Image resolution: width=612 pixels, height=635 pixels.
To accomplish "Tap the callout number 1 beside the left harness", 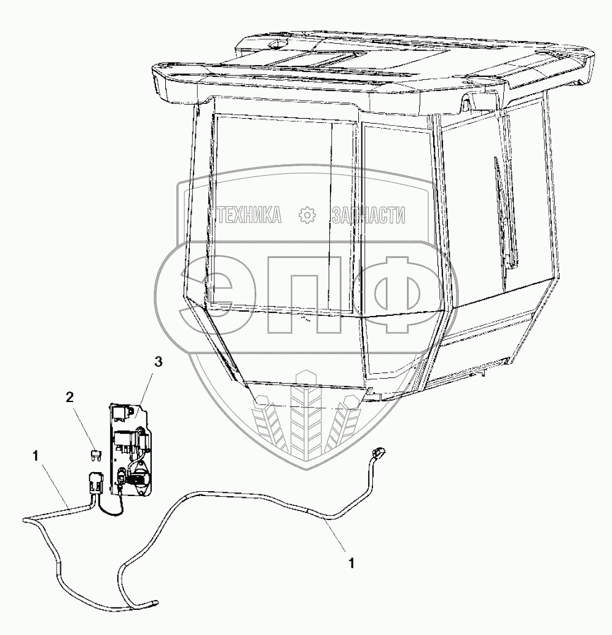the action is click(x=37, y=456).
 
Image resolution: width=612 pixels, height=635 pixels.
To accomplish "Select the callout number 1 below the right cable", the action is click(x=351, y=561).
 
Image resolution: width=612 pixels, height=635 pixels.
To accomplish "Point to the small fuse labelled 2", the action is click(x=95, y=455).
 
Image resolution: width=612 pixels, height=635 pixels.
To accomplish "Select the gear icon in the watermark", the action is click(x=306, y=215).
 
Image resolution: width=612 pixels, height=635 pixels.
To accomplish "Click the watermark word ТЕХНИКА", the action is click(x=249, y=215).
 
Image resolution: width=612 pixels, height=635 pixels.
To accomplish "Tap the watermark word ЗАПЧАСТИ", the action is click(x=368, y=215).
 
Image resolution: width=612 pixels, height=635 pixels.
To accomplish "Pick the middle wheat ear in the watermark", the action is click(x=306, y=418).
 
